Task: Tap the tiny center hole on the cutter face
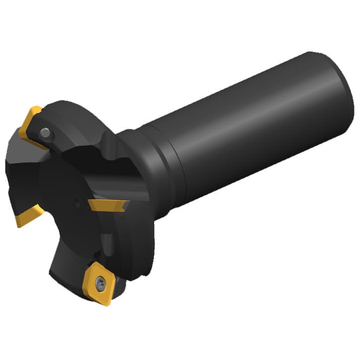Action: [x=76, y=202]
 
